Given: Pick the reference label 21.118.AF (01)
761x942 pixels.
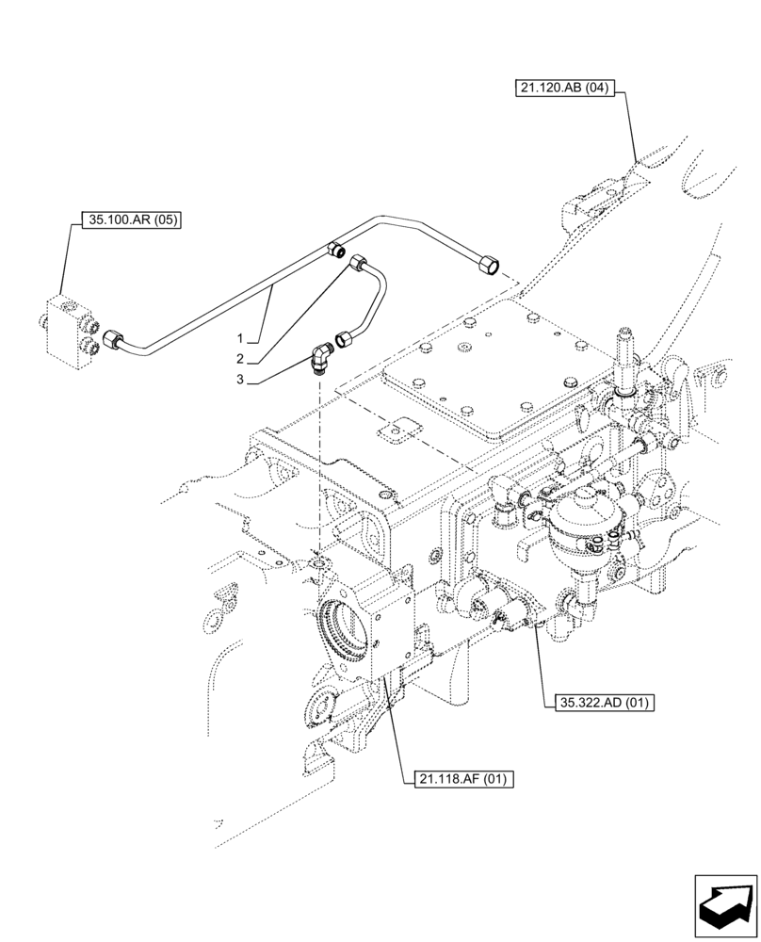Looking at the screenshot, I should [462, 779].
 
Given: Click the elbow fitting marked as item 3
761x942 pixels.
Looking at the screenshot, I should [321, 358].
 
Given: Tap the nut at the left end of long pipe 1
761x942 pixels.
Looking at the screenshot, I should [113, 339].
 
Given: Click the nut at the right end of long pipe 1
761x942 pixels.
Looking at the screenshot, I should [490, 266].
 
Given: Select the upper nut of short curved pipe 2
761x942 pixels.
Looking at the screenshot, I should [357, 263].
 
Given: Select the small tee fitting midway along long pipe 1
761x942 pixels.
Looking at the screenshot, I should [333, 250].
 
